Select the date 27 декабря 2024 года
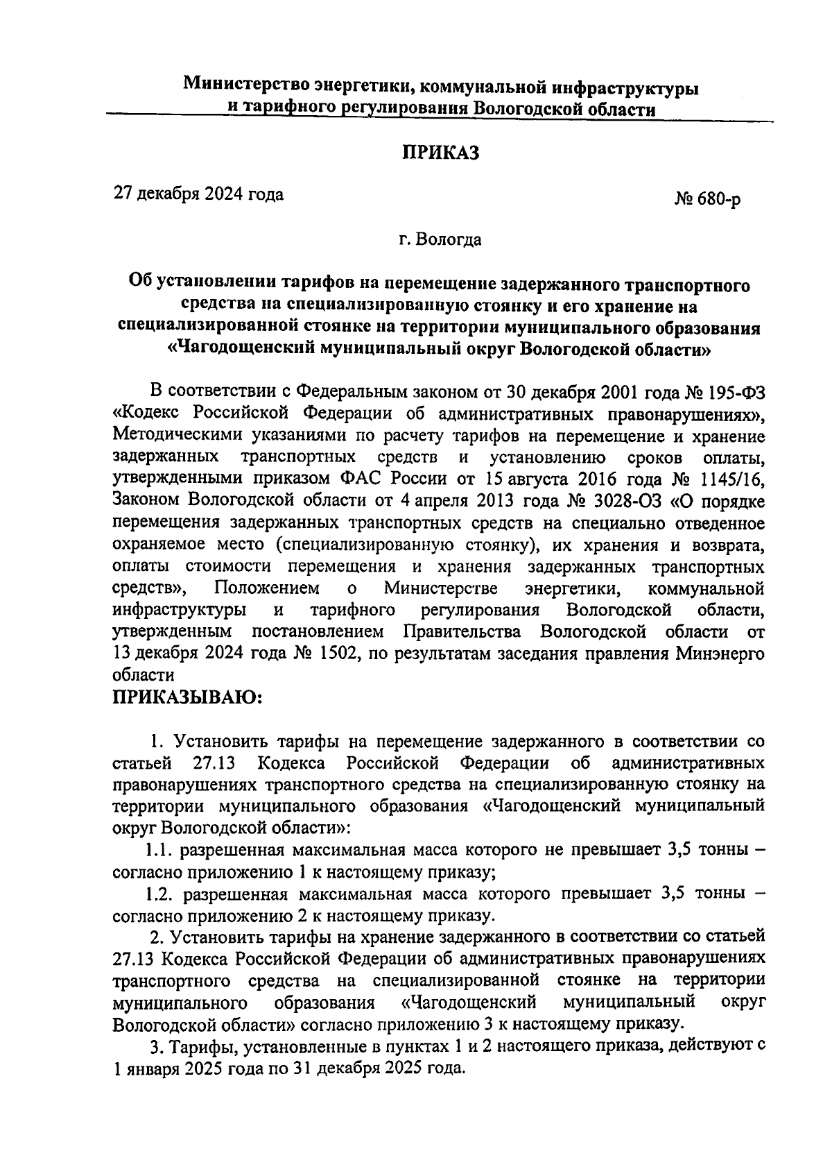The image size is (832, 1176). (199, 194)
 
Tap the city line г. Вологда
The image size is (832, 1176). (440, 241)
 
